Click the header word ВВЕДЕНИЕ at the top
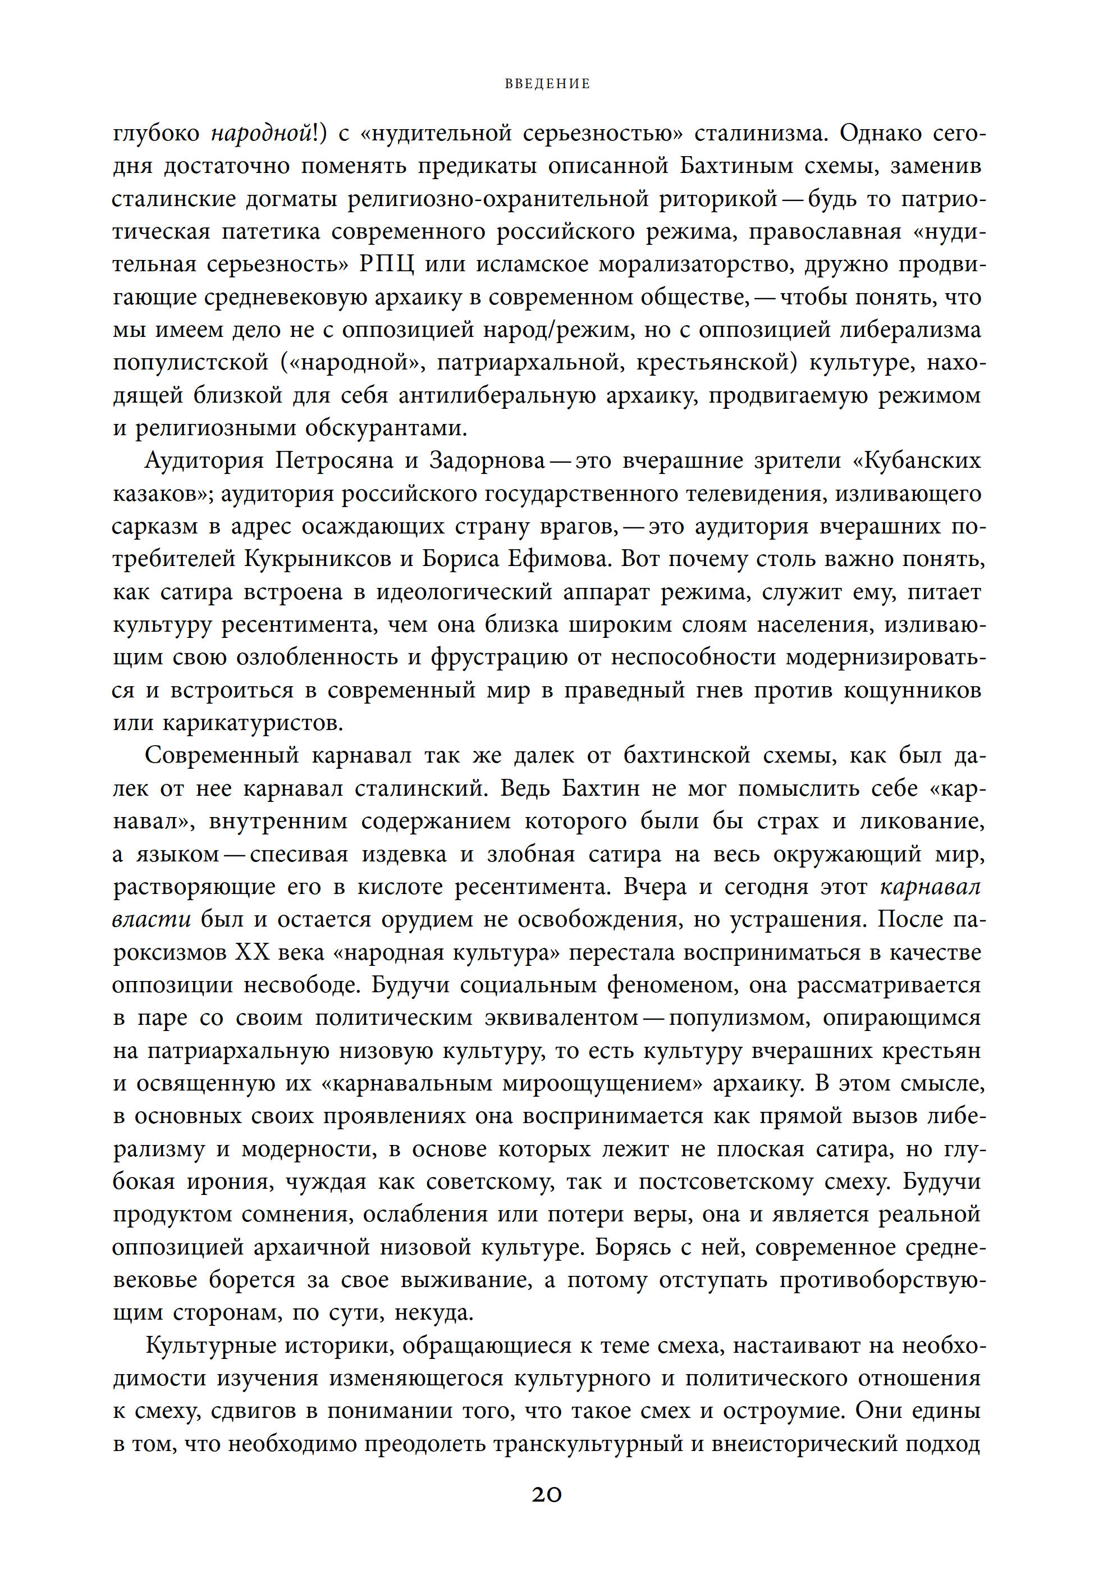pos(547,84)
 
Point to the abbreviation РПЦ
pos(387,264)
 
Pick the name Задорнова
pos(486,460)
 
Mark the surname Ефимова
pos(557,559)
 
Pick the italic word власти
pos(152,919)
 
